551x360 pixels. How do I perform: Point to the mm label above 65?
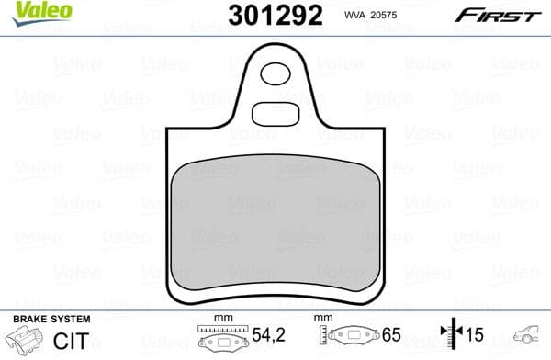322,318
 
